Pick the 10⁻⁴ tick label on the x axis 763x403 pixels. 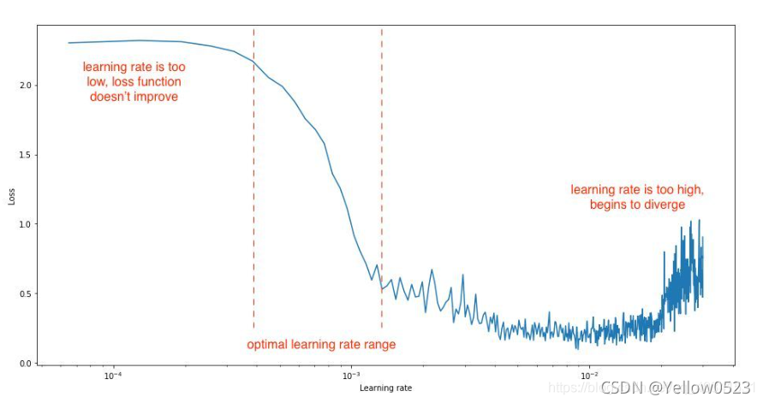point(112,376)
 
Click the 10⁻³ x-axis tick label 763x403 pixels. point(350,376)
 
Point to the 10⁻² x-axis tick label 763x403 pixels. point(588,376)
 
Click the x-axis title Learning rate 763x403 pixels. point(385,388)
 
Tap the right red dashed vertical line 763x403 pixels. point(381,171)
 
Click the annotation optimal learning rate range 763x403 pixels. point(321,345)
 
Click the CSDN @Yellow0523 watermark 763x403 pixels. point(677,388)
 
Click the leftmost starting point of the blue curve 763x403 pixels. point(69,43)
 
